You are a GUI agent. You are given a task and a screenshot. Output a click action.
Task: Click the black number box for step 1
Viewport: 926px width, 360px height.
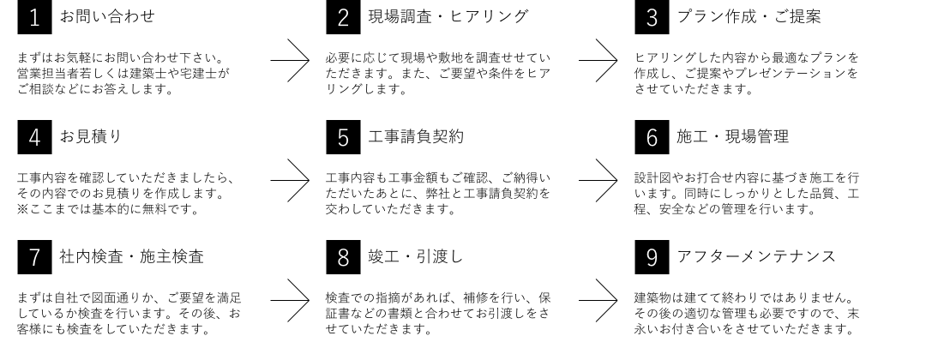(35, 16)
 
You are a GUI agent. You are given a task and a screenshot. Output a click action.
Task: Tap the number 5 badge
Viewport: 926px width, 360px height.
(343, 137)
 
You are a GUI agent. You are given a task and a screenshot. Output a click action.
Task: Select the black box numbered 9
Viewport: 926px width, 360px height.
(652, 257)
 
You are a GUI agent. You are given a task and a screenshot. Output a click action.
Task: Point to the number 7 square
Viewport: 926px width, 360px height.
(35, 257)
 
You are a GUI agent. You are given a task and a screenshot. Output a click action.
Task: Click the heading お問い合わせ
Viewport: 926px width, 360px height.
(107, 16)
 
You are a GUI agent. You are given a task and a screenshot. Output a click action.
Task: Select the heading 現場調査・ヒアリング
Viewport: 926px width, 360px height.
(448, 16)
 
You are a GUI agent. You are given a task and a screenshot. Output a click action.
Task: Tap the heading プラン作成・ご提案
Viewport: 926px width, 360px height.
(749, 16)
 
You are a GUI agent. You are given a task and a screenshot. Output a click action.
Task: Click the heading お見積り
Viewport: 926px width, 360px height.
(90, 135)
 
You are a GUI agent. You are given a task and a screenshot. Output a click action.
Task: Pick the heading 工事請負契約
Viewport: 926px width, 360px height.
(416, 136)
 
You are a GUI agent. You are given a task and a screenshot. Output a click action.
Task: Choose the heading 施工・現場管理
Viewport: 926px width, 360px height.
(732, 136)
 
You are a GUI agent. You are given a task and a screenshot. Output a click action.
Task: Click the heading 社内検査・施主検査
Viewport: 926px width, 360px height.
(131, 256)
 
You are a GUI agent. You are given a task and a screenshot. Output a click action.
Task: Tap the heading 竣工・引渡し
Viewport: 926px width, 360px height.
(415, 256)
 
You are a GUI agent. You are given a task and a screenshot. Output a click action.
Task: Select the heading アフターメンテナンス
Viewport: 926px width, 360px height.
(756, 256)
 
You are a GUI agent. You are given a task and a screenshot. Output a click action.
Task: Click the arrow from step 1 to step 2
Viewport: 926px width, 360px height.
(290, 60)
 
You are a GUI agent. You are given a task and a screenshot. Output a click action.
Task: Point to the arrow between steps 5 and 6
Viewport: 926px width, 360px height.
(598, 180)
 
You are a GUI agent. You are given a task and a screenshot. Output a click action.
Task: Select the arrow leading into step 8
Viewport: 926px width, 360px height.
(290, 300)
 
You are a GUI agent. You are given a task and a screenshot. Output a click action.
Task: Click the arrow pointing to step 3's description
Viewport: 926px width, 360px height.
(598, 60)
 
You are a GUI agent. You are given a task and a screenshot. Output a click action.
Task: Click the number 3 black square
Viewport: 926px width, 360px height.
(652, 16)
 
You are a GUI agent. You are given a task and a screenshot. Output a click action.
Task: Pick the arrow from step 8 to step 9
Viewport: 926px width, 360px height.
(598, 300)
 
